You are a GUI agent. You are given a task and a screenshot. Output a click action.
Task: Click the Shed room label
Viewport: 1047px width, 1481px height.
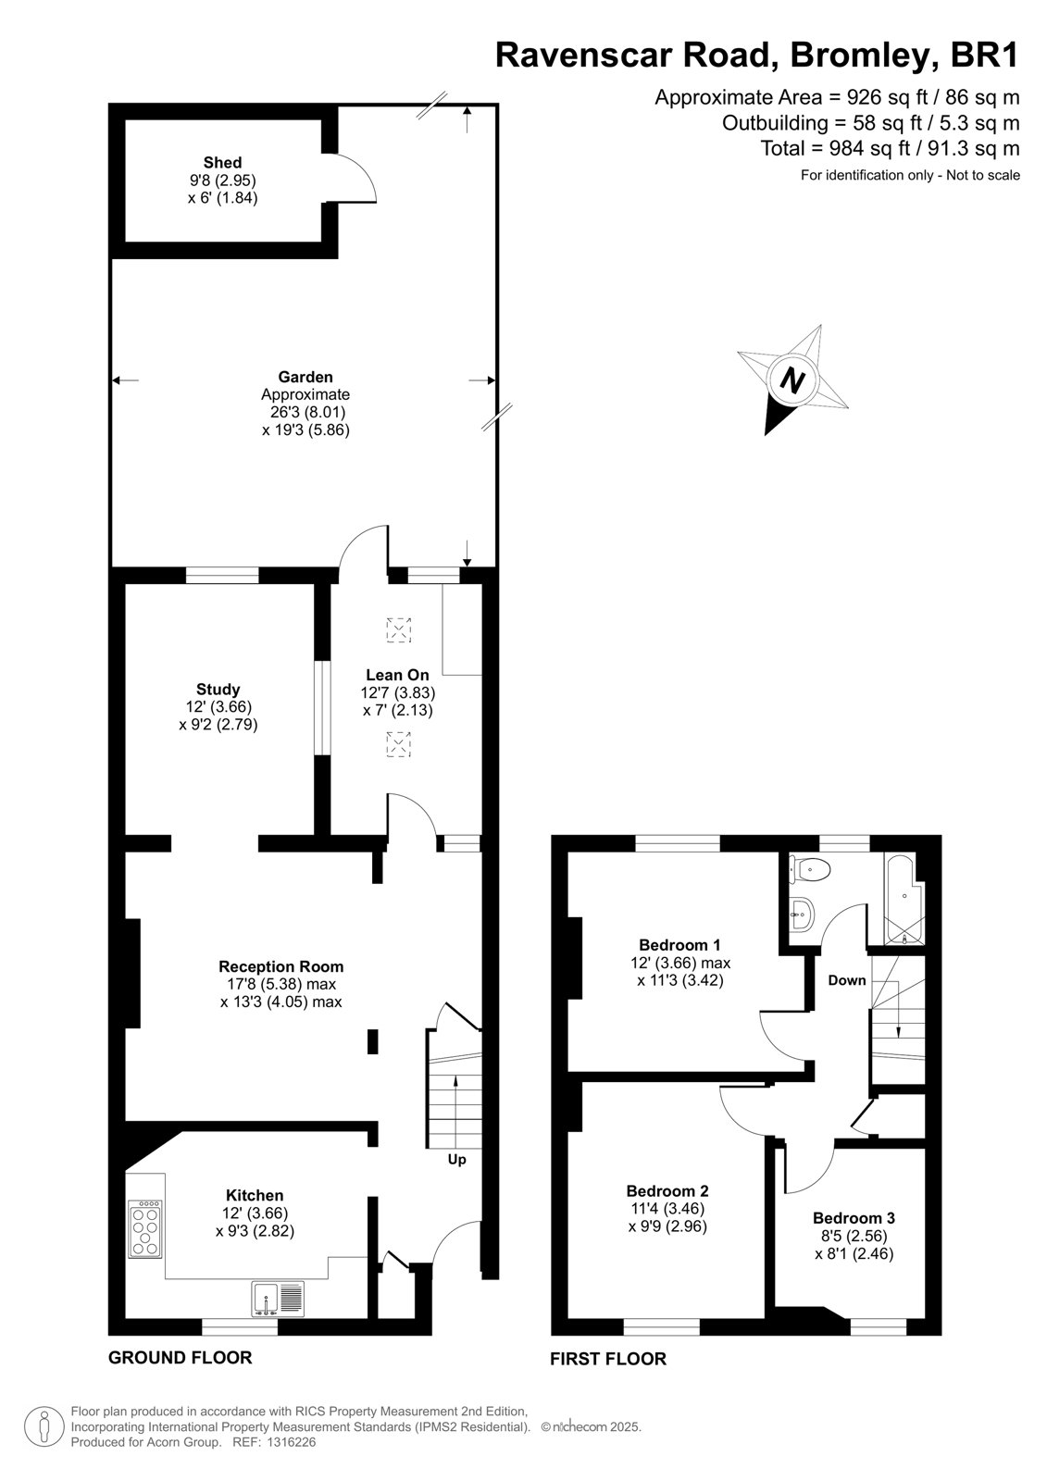point(222,162)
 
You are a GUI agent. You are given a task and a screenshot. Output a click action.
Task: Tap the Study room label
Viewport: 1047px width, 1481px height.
point(218,689)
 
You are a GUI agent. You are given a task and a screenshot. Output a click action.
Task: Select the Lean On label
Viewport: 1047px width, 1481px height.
point(397,675)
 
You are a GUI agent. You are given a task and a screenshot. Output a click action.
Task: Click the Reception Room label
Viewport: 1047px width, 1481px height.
point(281,966)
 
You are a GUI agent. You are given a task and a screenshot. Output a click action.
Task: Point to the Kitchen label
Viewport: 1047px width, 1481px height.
point(255,1195)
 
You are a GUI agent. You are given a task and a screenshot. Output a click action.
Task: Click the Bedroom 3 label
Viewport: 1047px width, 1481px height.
point(854,1218)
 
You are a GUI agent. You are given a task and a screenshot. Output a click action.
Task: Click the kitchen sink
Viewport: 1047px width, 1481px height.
point(278,1300)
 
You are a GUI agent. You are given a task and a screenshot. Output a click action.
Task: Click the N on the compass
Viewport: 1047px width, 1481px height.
point(792,380)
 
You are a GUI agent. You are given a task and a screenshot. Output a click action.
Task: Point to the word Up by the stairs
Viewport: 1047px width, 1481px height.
point(457,1160)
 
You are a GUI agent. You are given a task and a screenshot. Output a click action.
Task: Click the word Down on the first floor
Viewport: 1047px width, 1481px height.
point(847,980)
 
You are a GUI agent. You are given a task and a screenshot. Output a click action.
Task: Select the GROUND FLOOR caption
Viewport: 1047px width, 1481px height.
point(180,1357)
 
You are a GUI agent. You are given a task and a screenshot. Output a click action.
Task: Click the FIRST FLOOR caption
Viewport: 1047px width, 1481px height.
point(608,1359)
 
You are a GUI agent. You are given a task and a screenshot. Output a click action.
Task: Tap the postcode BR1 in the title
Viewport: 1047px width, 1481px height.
point(985,56)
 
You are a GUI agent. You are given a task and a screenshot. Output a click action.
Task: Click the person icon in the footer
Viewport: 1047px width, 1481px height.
point(44,1426)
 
